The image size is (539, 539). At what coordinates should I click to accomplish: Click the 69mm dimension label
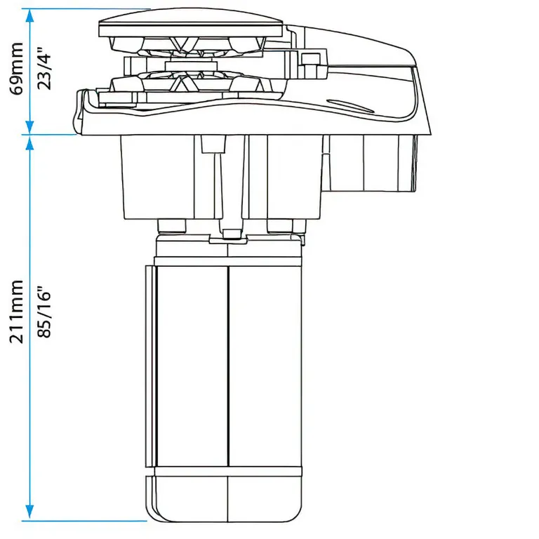(x=16, y=67)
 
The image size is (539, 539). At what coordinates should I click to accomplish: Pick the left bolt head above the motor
(x=172, y=226)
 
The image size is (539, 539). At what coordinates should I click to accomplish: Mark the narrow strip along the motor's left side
(x=149, y=365)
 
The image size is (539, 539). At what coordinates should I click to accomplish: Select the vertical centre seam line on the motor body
(x=229, y=365)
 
